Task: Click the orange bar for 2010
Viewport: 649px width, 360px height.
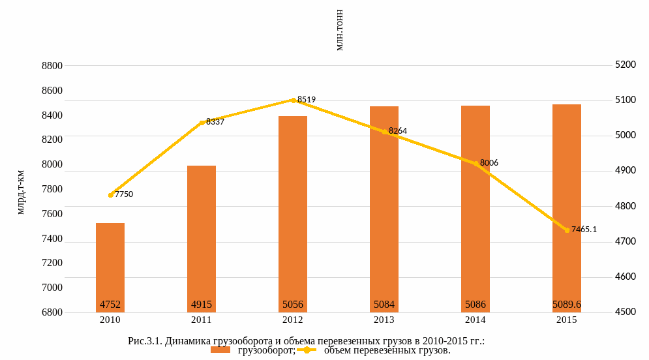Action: pyautogui.click(x=110, y=267)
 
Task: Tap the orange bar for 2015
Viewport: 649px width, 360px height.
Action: pyautogui.click(x=567, y=208)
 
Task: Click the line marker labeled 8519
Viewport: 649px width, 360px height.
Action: pyautogui.click(x=294, y=100)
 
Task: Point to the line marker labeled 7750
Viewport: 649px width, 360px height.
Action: pyautogui.click(x=111, y=194)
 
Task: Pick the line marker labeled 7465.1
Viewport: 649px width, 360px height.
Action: pyautogui.click(x=567, y=230)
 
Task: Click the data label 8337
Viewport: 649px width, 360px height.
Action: pyautogui.click(x=215, y=121)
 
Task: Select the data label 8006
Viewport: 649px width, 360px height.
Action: pyautogui.click(x=489, y=162)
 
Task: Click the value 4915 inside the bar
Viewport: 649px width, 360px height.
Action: pyautogui.click(x=202, y=305)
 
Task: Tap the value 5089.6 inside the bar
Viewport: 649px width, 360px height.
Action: pyautogui.click(x=567, y=305)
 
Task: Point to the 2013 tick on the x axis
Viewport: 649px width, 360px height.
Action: pyautogui.click(x=384, y=320)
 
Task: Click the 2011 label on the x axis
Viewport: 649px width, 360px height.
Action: pyautogui.click(x=202, y=320)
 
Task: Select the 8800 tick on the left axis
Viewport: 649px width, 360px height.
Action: pyautogui.click(x=52, y=66)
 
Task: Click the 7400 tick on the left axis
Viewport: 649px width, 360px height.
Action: pyautogui.click(x=52, y=239)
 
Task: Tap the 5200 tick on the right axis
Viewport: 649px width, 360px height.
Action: pyautogui.click(x=625, y=65)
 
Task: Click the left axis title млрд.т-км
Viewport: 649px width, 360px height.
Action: pyautogui.click(x=20, y=192)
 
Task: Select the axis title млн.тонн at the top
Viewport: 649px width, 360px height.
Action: pyautogui.click(x=339, y=31)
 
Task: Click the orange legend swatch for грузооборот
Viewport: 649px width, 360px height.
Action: pyautogui.click(x=221, y=350)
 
